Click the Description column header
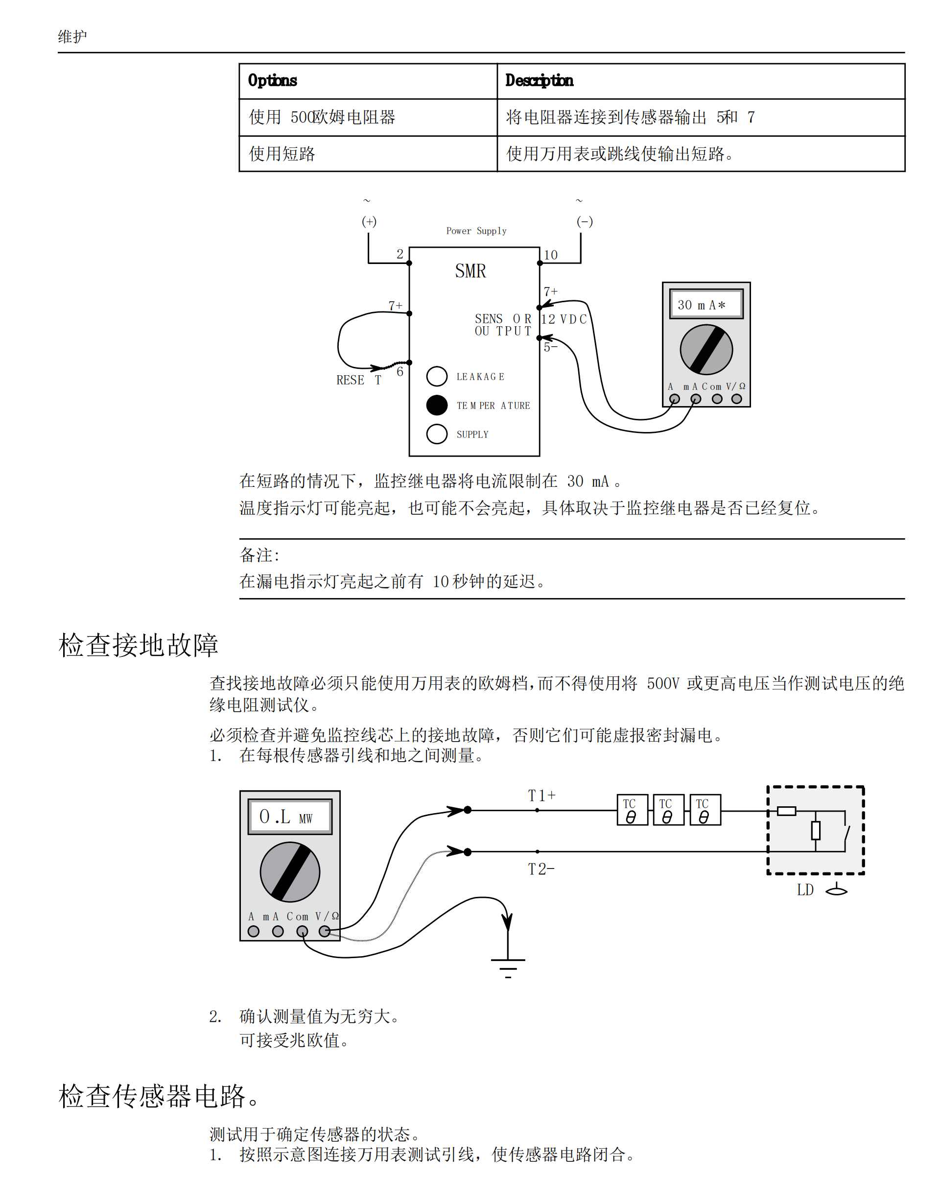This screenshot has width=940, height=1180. [539, 80]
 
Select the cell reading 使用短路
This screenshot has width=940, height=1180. [282, 154]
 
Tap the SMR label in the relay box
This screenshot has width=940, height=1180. [470, 271]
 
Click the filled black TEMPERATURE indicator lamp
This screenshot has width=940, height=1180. [437, 405]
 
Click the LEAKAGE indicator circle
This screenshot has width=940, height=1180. [437, 376]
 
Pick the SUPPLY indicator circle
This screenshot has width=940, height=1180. [437, 433]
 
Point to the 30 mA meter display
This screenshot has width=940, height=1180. [706, 304]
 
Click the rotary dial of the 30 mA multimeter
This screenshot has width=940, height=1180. [706, 349]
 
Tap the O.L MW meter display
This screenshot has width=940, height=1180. [289, 817]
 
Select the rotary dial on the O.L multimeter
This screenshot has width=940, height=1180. [289, 872]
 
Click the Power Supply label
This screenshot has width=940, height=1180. [476, 231]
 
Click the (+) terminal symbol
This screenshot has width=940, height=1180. [369, 222]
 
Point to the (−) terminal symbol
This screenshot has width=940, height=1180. [585, 222]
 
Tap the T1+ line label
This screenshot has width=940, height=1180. [541, 795]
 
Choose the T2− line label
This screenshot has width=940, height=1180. [540, 869]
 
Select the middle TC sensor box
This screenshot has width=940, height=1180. [668, 810]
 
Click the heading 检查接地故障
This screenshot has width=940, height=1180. [139, 645]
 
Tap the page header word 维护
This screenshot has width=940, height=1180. [72, 37]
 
